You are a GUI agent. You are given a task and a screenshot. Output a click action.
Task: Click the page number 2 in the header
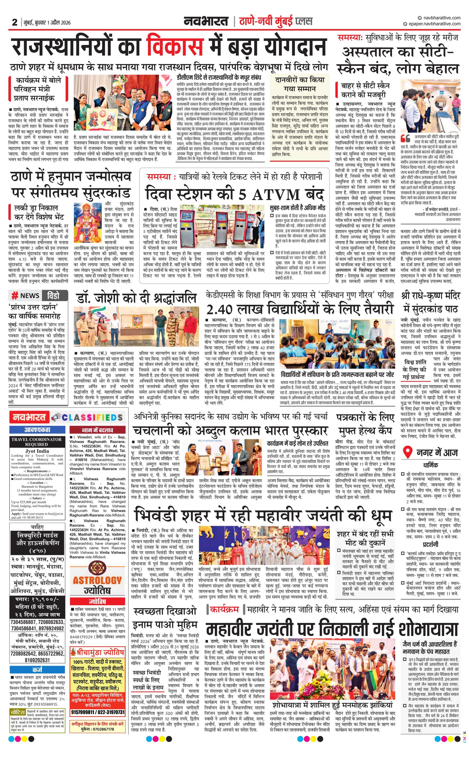tap(14, 22)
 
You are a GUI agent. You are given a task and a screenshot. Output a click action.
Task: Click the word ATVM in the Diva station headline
tap(276, 195)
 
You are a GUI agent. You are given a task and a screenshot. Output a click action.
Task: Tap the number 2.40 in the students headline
tap(219, 309)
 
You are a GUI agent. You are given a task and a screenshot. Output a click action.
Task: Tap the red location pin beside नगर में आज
tap(407, 452)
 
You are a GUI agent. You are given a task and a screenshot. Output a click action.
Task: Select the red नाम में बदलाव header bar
tap(98, 430)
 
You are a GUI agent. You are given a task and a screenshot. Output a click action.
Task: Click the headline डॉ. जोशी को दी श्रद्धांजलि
tap(136, 298)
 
